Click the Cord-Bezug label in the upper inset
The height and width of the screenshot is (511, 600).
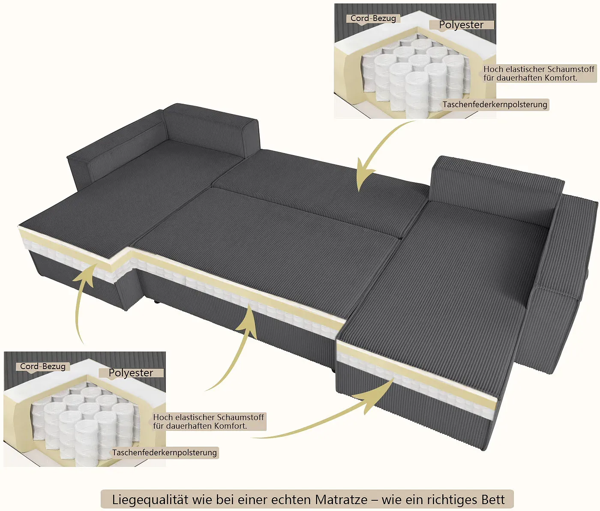click(x=373, y=18)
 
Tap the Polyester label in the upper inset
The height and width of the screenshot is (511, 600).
click(x=461, y=25)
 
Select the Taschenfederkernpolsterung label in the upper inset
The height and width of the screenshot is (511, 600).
click(x=495, y=105)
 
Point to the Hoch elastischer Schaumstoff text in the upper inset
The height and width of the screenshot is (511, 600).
click(x=539, y=69)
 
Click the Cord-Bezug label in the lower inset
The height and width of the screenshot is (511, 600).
click(x=43, y=367)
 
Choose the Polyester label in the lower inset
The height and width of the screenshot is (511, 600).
click(x=131, y=373)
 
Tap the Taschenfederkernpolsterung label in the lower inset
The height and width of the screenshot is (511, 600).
click(x=165, y=453)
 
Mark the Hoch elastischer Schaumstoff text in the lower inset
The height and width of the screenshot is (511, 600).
click(x=208, y=418)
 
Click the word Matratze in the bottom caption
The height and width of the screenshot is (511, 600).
click(x=342, y=500)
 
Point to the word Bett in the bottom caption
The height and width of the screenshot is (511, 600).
click(x=493, y=500)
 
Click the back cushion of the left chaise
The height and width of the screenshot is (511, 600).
click(x=210, y=131)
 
